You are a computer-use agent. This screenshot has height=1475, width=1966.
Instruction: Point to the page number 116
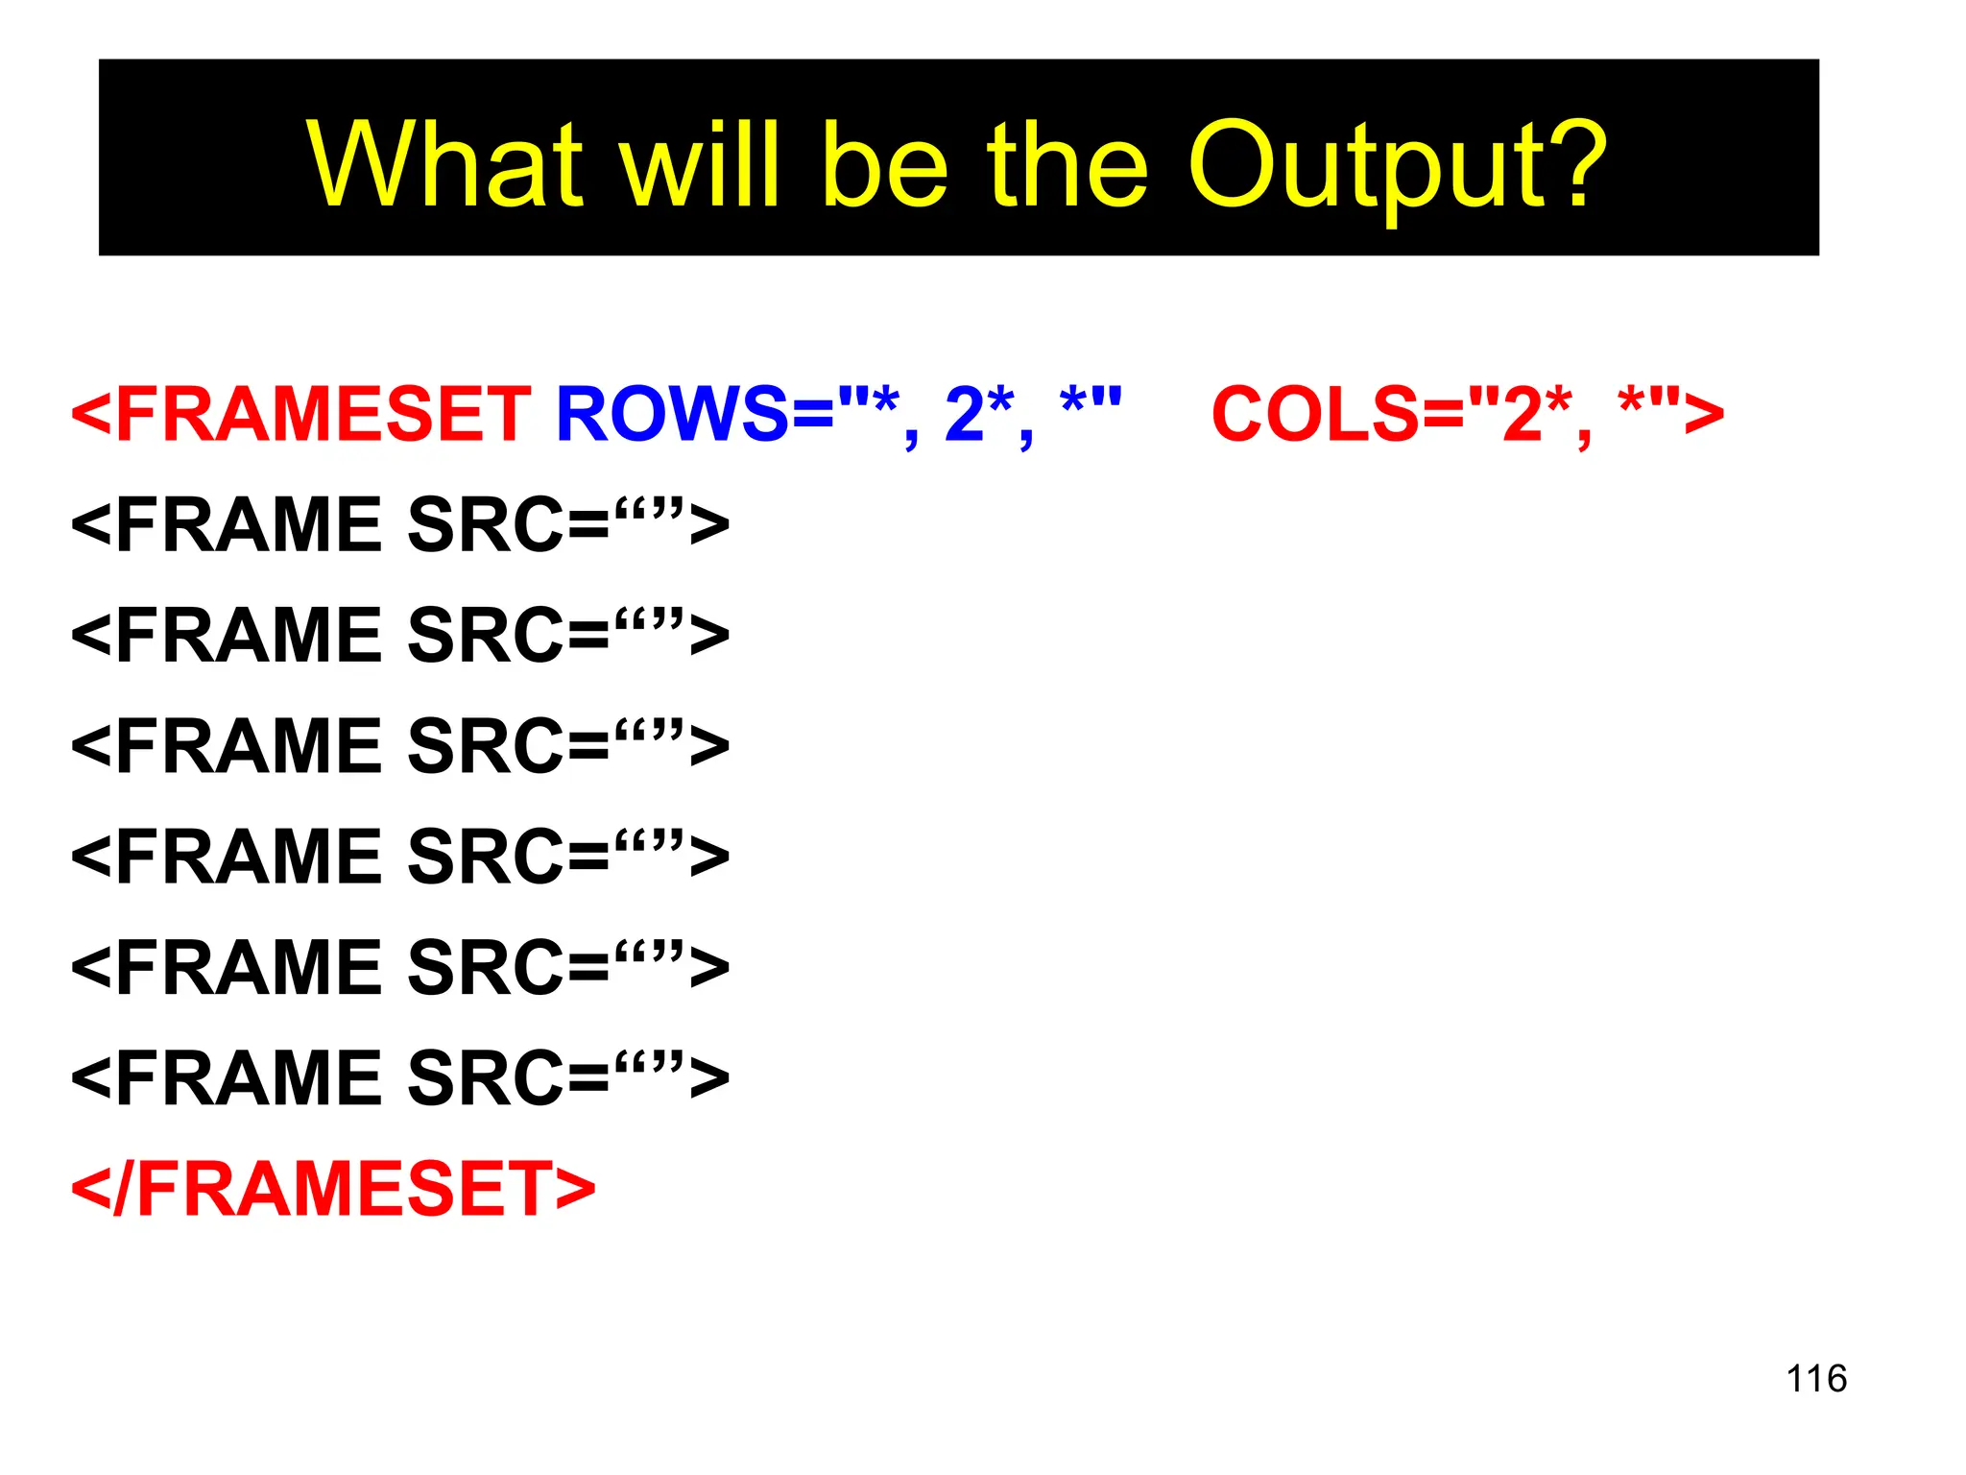pos(1815,1378)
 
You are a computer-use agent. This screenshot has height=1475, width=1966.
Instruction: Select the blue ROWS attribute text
pos(672,414)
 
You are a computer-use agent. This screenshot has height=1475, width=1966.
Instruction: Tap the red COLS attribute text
pos(1315,414)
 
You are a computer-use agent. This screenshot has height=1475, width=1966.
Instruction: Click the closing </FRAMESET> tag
pos(333,1189)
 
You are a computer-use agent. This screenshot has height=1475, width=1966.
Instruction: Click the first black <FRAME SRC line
pos(399,524)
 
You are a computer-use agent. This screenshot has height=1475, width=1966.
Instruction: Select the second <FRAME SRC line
pos(399,635)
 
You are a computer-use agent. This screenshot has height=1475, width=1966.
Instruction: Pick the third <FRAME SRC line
pos(399,746)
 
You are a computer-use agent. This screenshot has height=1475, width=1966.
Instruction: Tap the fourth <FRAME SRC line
pos(399,857)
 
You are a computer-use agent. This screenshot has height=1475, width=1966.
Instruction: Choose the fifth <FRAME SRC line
pos(399,967)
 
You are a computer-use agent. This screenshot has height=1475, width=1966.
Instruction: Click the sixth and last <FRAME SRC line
pos(399,1077)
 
